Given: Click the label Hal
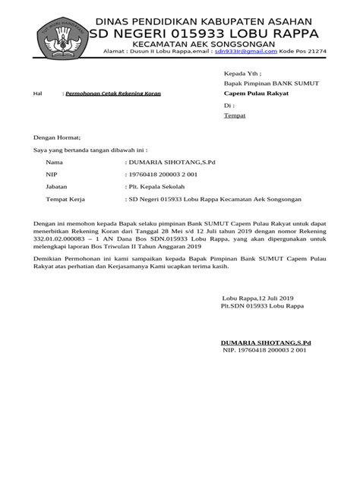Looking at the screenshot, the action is (x=39, y=93).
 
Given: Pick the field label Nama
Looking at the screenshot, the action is (x=55, y=163).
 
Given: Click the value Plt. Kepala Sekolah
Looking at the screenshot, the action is (x=156, y=187).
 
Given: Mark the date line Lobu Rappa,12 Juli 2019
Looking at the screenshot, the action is (x=257, y=297).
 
